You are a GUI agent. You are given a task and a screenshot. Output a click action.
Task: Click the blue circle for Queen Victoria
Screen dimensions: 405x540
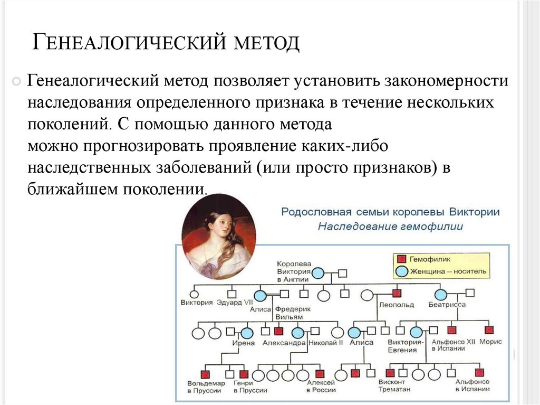pyautogui.click(x=318, y=273)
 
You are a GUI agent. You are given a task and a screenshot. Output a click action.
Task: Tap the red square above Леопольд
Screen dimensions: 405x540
pyautogui.click(x=397, y=294)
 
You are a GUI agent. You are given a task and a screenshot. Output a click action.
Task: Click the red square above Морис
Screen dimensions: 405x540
pyautogui.click(x=489, y=331)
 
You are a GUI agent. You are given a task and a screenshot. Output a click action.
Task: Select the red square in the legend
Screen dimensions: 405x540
pyautogui.click(x=401, y=259)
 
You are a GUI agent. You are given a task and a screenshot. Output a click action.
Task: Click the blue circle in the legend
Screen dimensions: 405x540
pyautogui.click(x=401, y=271)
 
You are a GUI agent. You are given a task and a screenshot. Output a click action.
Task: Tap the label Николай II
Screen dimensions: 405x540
pyautogui.click(x=325, y=343)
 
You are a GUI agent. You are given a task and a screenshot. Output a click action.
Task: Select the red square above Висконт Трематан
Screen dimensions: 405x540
pyautogui.click(x=391, y=373)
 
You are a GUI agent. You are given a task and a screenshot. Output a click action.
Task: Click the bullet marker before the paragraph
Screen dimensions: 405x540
pyautogui.click(x=17, y=81)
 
